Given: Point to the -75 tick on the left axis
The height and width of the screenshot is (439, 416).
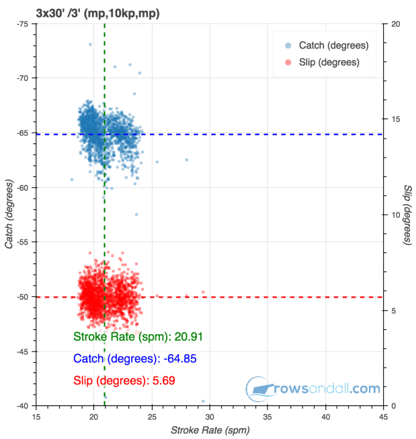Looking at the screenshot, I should [22, 24].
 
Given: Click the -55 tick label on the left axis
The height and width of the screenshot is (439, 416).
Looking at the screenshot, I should [22, 242].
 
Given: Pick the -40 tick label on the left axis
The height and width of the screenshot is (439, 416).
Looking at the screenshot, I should [22, 405].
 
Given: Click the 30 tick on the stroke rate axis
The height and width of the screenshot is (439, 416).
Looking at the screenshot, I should [210, 417].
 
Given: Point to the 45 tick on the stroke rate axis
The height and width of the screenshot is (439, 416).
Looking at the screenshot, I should [383, 417].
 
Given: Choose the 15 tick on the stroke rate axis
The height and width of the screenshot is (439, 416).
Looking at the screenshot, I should [36, 417].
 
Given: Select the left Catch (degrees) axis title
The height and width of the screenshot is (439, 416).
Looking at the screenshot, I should [9, 214].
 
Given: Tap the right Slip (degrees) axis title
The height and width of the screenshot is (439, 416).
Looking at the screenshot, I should [408, 214].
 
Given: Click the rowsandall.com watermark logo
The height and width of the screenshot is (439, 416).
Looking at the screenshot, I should [313, 389].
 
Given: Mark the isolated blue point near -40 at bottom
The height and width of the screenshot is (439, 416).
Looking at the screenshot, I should [203, 401].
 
